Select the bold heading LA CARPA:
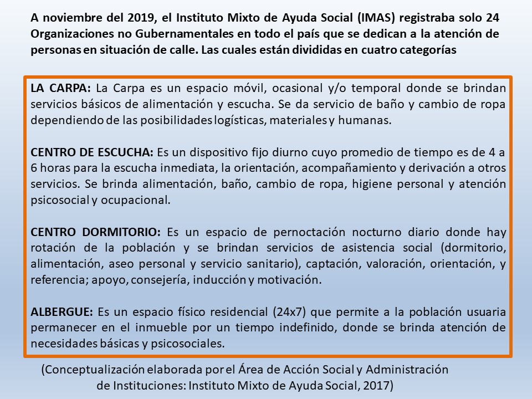point(62,88)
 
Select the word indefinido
point(301,328)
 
